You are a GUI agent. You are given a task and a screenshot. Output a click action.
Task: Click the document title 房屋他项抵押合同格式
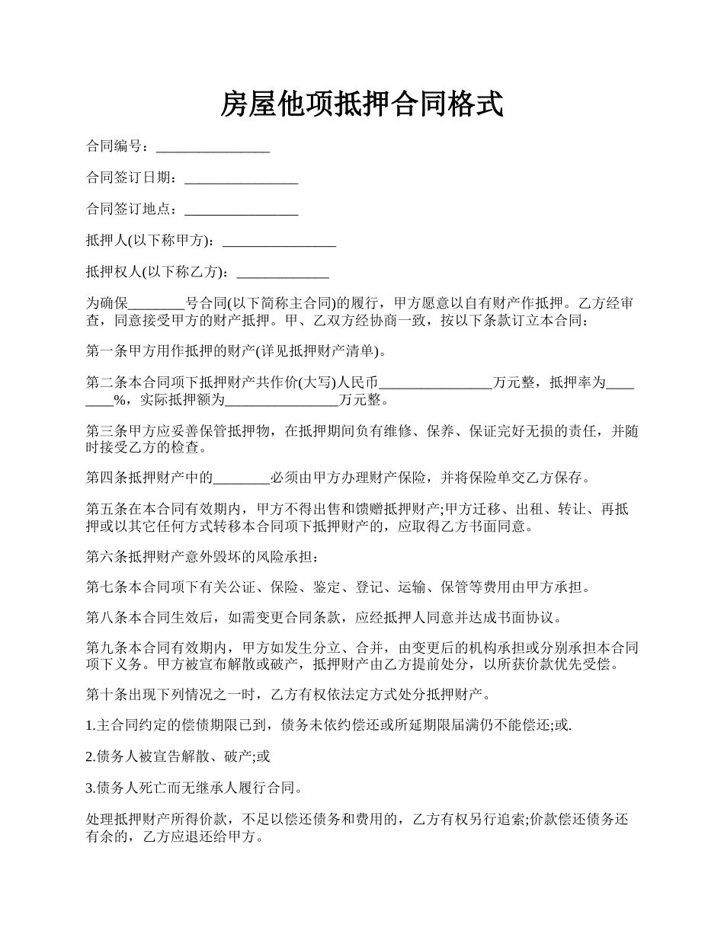362,104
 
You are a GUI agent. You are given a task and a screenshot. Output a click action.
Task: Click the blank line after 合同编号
213,147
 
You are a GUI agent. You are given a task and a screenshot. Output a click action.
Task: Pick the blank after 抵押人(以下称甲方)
279,241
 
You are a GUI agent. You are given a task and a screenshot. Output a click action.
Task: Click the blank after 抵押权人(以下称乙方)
284,273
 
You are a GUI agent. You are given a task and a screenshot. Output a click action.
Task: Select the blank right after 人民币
435,384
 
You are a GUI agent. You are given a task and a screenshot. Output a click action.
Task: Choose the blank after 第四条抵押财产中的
241,478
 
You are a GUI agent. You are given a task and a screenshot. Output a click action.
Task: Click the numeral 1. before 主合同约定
91,726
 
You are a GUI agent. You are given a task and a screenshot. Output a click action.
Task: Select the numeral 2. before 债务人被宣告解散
91,757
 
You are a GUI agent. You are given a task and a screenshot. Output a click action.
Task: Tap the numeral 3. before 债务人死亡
91,788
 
